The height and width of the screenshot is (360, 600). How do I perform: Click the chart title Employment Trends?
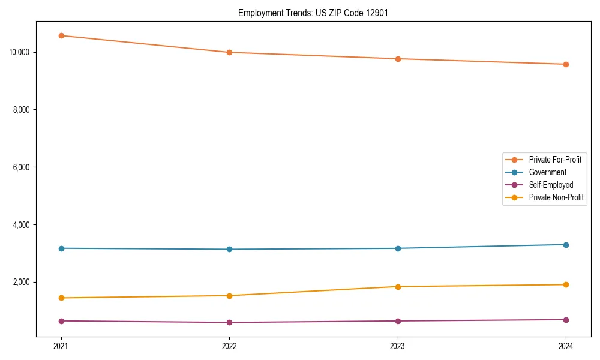pos(313,13)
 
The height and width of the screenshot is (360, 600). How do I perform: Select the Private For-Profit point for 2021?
pos(61,35)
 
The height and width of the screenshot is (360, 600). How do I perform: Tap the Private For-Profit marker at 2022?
pos(229,52)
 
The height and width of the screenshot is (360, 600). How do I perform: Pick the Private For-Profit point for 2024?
pos(566,64)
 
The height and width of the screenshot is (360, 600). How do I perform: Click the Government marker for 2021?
pos(61,248)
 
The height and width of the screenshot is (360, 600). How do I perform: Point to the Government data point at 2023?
pos(398,248)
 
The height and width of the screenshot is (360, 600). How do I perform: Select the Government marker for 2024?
pos(566,245)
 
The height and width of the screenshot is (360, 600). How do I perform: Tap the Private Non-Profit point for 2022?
pos(229,296)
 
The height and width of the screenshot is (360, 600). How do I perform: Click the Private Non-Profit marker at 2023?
pos(398,287)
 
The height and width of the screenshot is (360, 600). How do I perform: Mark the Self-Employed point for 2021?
pos(61,321)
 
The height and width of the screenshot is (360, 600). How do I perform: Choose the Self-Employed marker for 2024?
pos(566,320)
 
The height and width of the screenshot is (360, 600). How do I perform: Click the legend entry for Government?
pos(547,172)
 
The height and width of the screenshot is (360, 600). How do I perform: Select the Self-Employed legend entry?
pos(551,185)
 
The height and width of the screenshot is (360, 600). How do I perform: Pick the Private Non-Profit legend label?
pos(556,197)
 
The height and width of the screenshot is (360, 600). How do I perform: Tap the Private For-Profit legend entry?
pos(555,160)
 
